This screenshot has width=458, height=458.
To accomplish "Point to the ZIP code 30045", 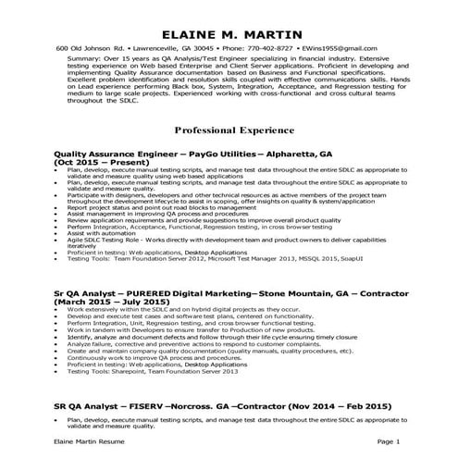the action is click(x=202, y=48).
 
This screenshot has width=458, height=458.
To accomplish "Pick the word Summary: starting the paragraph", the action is click(x=84, y=57).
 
